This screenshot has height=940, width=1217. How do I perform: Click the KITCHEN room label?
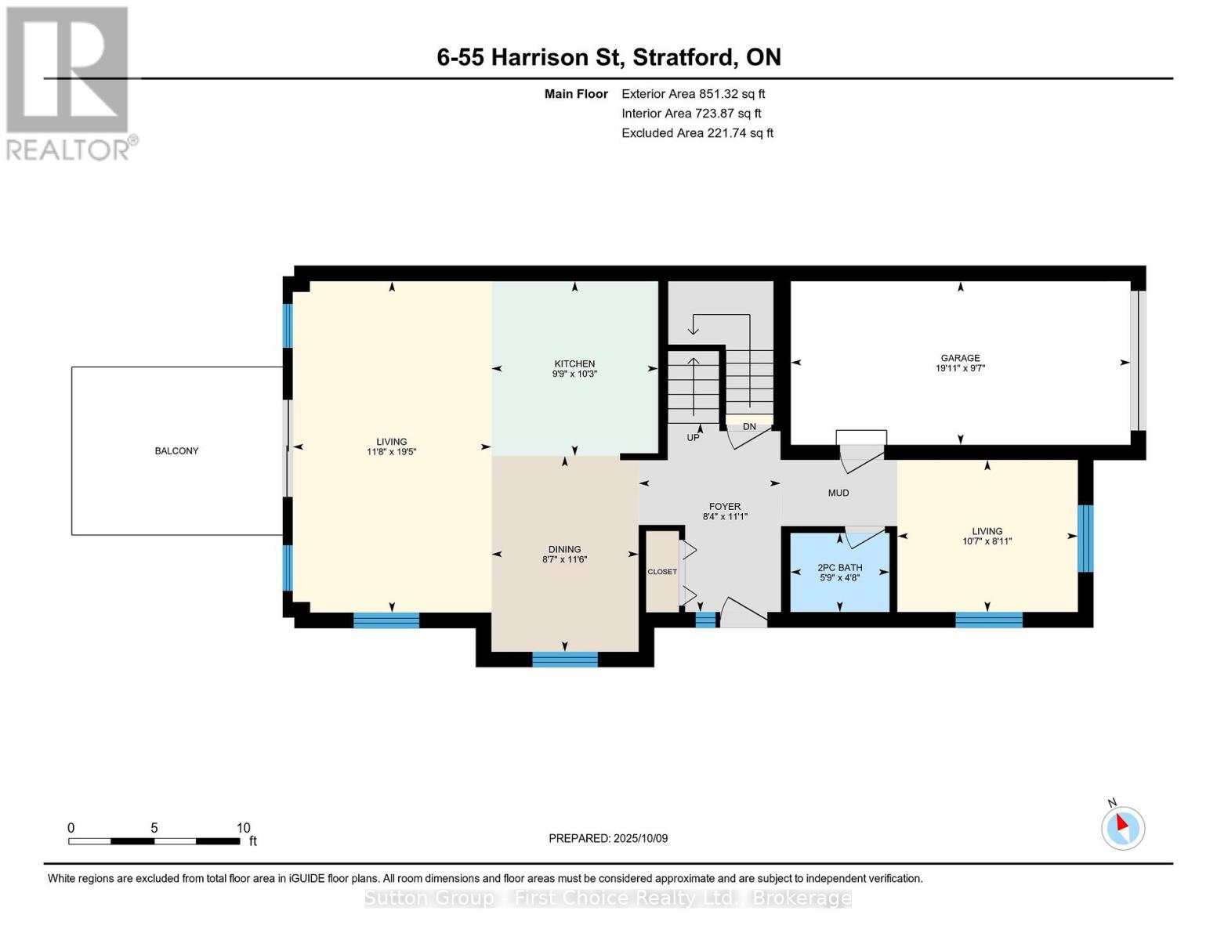coord(574,363)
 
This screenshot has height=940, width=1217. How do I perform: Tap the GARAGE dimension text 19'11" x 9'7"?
coord(960,368)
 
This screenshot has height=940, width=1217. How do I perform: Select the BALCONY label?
coord(176,450)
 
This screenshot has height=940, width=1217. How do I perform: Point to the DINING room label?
coord(564,549)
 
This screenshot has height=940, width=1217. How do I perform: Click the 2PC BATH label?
coord(839,568)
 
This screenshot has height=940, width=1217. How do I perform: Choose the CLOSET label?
coord(662,572)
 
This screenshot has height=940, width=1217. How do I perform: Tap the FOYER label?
coord(725,506)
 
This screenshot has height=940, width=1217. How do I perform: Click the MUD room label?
coord(838,493)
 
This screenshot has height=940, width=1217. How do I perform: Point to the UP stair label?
coord(693,437)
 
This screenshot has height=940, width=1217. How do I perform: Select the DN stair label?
coord(749,427)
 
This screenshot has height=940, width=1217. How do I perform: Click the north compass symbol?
coord(1122,828)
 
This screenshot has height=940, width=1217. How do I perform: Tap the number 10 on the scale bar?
coord(243,827)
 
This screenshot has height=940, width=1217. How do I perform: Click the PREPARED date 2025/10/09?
coord(640,838)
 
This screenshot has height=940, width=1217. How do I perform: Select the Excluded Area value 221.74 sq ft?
coord(741,132)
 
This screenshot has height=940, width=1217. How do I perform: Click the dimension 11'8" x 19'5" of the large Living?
coord(392,452)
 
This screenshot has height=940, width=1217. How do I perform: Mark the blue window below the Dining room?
coord(564,660)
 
